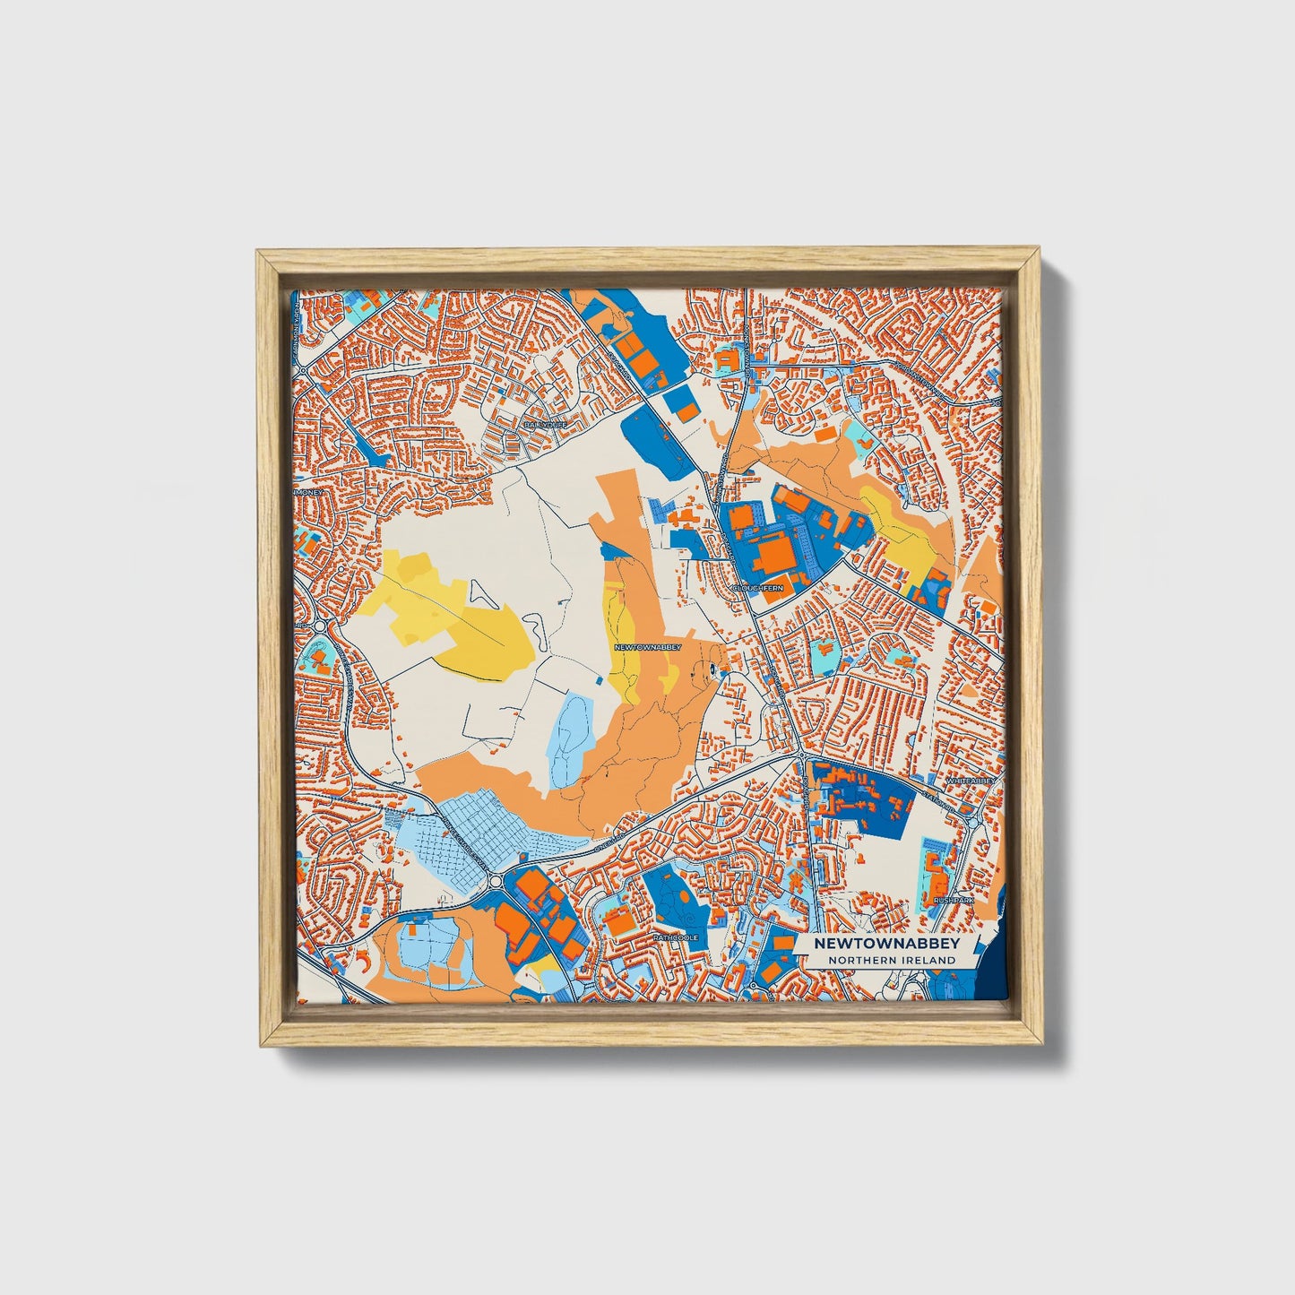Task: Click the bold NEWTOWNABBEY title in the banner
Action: click(886, 944)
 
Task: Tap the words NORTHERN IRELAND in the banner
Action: click(892, 960)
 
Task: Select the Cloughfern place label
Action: click(757, 588)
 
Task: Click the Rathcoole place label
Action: click(675, 937)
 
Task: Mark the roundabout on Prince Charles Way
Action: click(496, 883)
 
